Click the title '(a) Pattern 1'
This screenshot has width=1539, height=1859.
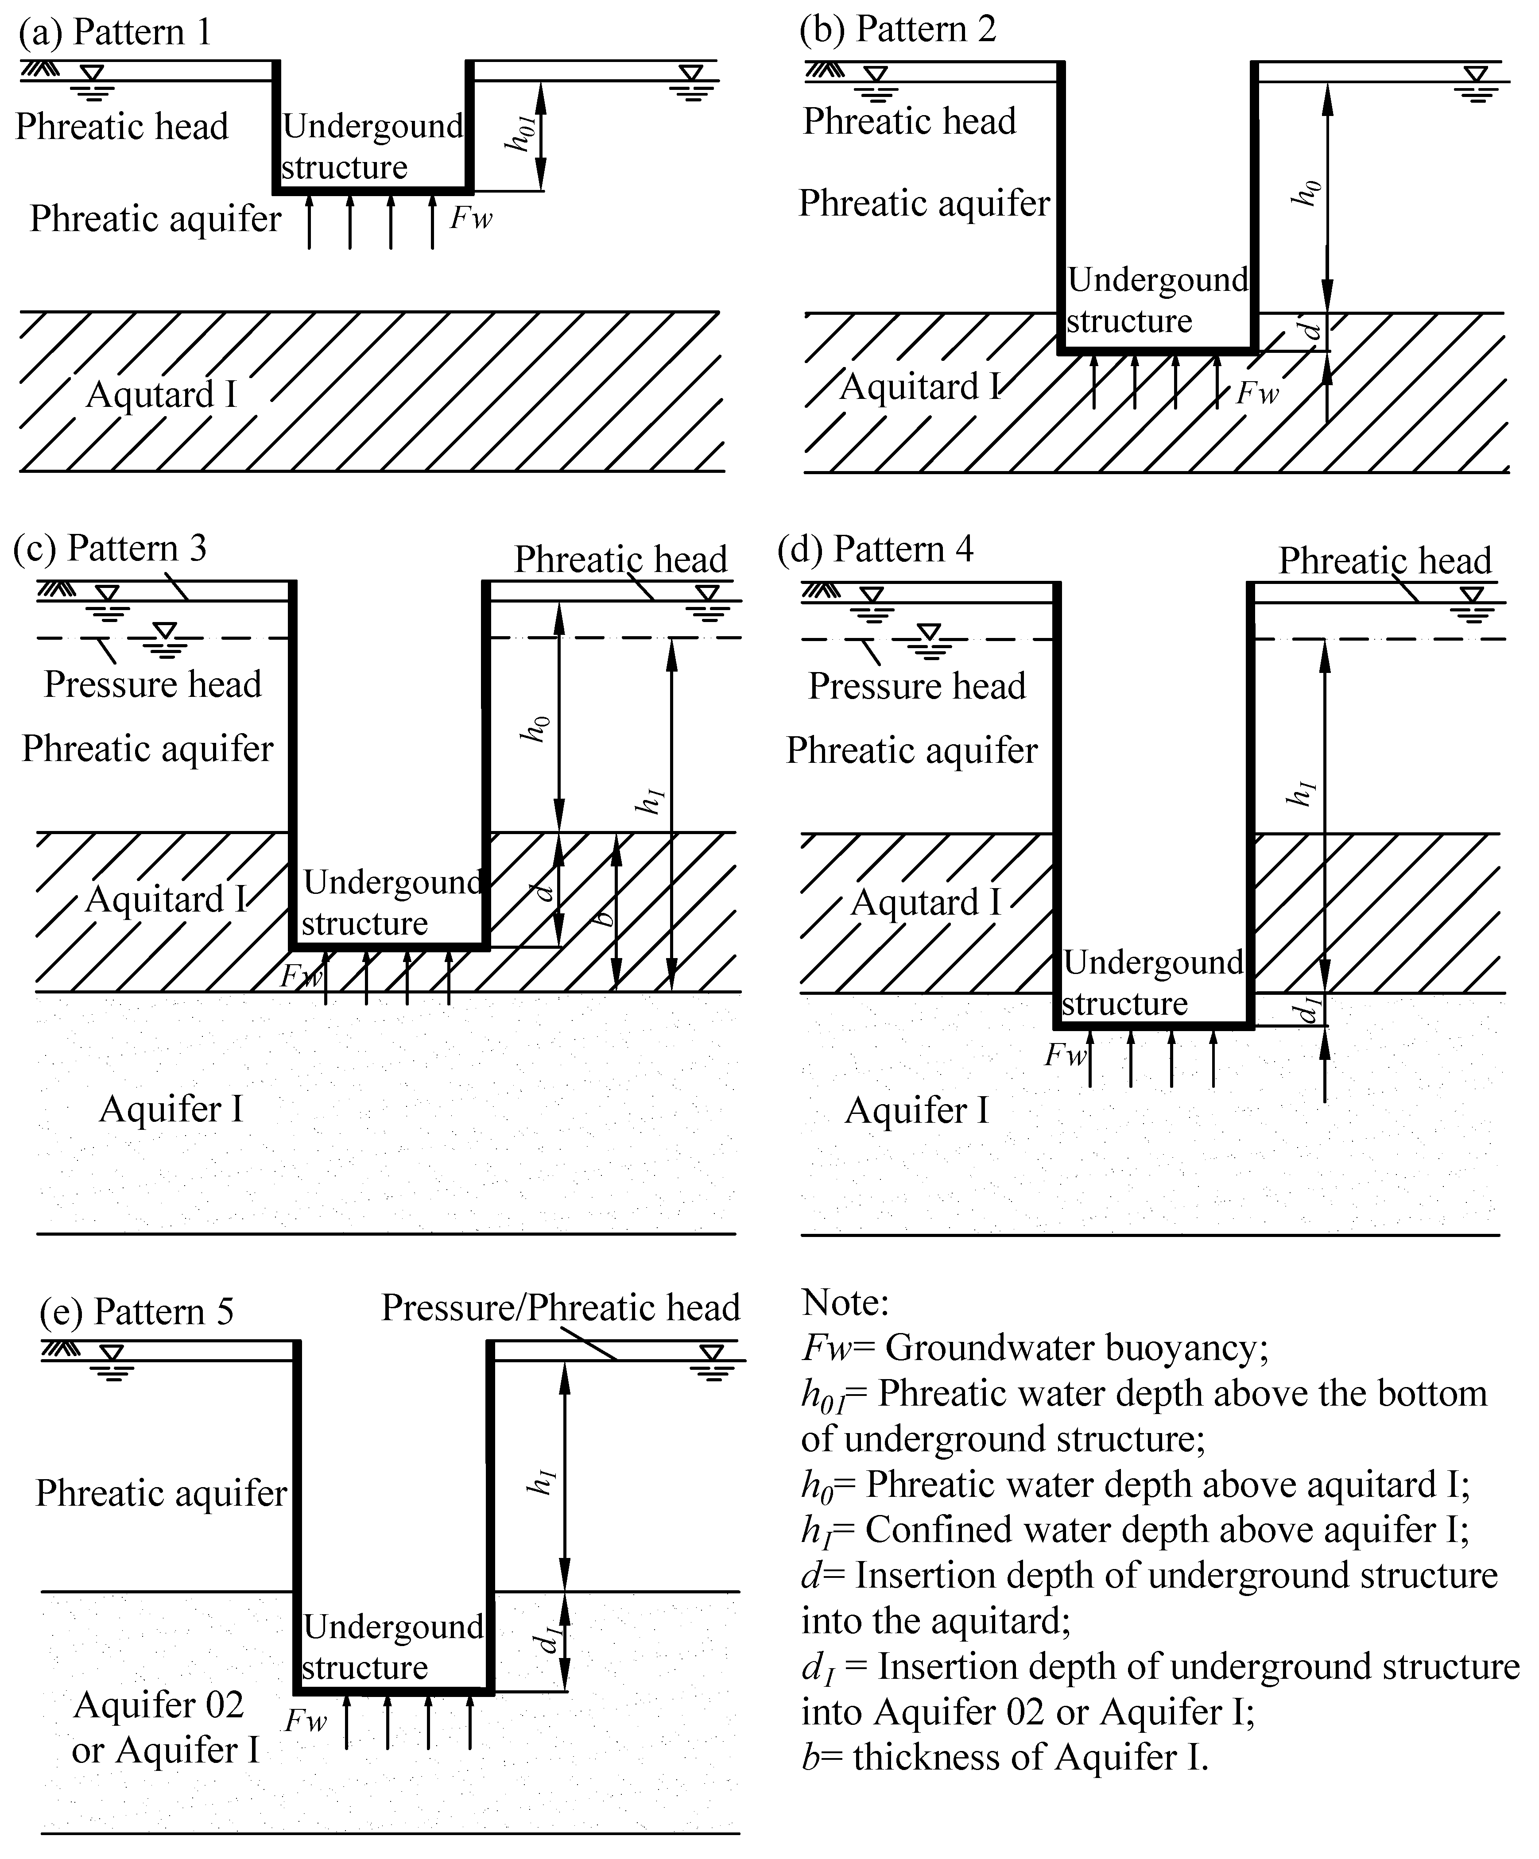115,33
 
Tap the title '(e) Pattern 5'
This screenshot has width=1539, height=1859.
137,1311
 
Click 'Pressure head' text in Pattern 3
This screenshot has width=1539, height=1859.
153,684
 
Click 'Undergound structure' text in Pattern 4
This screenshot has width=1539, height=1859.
1153,982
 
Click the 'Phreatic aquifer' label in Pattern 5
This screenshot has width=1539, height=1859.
161,1493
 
